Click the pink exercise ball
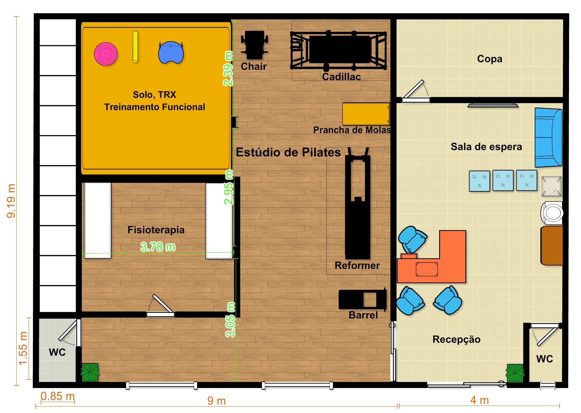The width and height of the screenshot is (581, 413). [x=106, y=54]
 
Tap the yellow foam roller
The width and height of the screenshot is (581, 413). [x=135, y=47]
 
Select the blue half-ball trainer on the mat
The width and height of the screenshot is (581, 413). [x=171, y=53]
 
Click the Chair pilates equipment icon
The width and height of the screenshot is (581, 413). [x=254, y=45]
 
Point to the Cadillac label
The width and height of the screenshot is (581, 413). [x=341, y=77]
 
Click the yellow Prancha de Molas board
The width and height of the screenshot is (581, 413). [x=366, y=114]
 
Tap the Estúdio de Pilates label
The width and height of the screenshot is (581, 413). [x=288, y=152]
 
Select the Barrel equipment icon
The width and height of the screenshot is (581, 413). [x=363, y=299]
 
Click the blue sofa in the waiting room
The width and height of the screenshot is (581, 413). [x=548, y=137]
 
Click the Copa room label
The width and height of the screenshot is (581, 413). [x=489, y=59]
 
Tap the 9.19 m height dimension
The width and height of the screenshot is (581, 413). [x=11, y=201]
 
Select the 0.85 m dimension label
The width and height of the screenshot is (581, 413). [x=58, y=396]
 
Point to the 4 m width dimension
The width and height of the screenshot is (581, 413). [x=479, y=400]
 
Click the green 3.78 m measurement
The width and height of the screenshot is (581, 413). [x=158, y=247]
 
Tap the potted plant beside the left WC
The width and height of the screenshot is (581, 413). [x=90, y=372]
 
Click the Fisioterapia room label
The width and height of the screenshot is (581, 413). [x=156, y=230]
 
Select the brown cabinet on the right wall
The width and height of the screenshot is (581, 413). [x=552, y=246]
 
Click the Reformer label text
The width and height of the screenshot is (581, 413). [x=357, y=265]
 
